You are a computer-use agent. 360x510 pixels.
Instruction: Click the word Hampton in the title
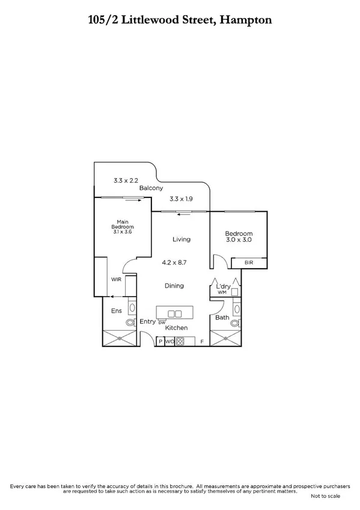[x=246, y=20]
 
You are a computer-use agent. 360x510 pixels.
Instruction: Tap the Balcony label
[x=151, y=188]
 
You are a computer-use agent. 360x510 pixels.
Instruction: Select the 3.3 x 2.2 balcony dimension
[x=126, y=180]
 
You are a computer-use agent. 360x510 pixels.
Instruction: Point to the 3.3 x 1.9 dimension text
[x=182, y=198]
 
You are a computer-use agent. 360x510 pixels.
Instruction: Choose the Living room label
[x=181, y=239]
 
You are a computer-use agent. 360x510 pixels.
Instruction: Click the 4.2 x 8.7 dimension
[x=174, y=263]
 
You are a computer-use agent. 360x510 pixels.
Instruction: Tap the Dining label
[x=174, y=286]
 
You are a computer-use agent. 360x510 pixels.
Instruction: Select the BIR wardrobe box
[x=249, y=263]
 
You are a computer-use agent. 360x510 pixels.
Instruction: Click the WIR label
[x=117, y=280]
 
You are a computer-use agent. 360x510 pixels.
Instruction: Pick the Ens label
[x=116, y=311]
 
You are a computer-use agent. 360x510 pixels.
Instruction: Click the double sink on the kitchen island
[x=175, y=313]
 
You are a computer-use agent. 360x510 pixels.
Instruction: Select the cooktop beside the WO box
[x=179, y=342]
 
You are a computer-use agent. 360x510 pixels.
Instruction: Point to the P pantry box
[x=160, y=342]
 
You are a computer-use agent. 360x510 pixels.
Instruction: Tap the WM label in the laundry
[x=222, y=292]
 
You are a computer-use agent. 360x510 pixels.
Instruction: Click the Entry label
[x=147, y=322]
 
